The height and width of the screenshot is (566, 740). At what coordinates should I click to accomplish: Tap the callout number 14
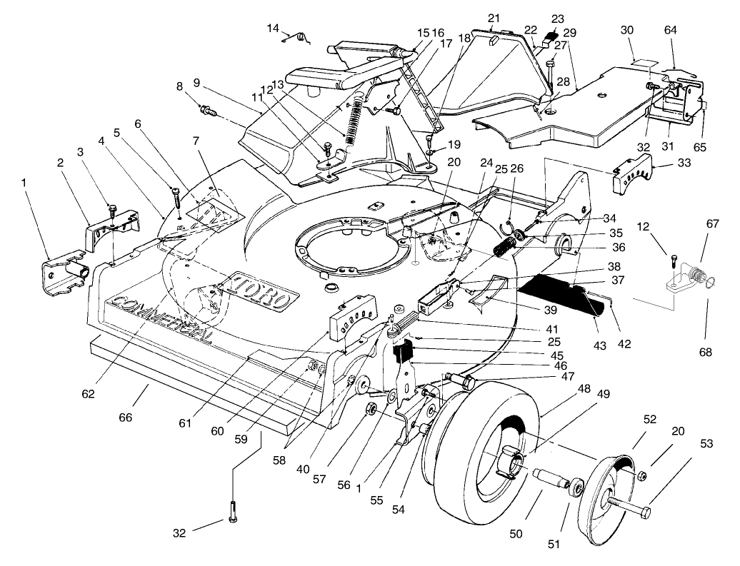point(274,28)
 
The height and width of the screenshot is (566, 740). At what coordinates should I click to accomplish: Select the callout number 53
point(706,443)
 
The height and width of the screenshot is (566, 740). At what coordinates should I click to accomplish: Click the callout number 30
point(627,30)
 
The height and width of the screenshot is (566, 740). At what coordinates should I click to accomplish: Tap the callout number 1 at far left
point(26,182)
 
